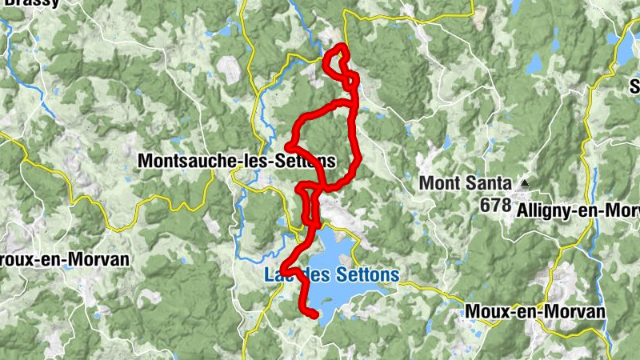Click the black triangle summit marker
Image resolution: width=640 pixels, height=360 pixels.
(525, 183)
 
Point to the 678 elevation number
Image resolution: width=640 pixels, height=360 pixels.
(496, 206)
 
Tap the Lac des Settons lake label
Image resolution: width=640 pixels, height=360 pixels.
(331, 275)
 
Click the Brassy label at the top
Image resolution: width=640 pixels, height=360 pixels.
(31, 3)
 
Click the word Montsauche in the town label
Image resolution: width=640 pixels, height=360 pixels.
(188, 161)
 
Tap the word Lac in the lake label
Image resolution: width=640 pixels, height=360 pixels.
(279, 275)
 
